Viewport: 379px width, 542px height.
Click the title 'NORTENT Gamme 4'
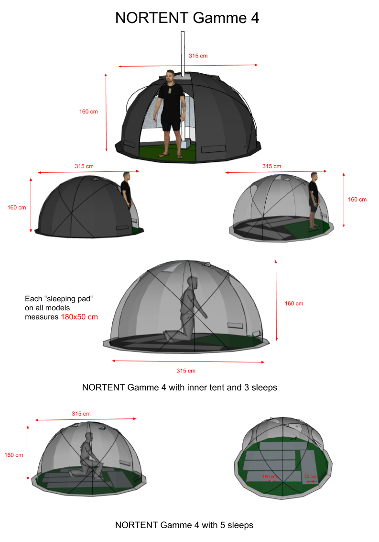pyautogui.click(x=187, y=18)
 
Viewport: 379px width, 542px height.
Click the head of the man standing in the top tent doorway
pyautogui.click(x=170, y=76)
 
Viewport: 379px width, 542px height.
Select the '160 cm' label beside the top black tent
pyautogui.click(x=88, y=112)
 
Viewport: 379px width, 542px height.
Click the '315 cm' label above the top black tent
pyautogui.click(x=198, y=56)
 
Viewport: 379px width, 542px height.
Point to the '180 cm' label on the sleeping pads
pyautogui.click(x=269, y=477)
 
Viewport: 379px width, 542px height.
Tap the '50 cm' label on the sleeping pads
pyautogui.click(x=310, y=476)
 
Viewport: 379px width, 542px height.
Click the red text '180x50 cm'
pyautogui.click(x=79, y=317)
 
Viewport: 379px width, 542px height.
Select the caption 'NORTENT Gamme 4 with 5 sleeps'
pyautogui.click(x=184, y=525)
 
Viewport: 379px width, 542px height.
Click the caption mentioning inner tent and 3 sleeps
pyautogui.click(x=180, y=387)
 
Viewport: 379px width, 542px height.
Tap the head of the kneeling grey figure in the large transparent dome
pyautogui.click(x=193, y=282)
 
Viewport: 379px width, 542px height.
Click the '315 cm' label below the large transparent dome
pyautogui.click(x=186, y=371)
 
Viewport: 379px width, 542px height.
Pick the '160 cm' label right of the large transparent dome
pyautogui.click(x=294, y=304)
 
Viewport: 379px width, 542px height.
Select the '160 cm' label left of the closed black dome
pyautogui.click(x=17, y=208)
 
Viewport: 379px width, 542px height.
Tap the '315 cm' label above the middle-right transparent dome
pyautogui.click(x=271, y=166)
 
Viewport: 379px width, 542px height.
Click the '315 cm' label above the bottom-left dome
pyautogui.click(x=81, y=414)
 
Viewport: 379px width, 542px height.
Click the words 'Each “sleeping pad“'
pyautogui.click(x=59, y=299)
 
